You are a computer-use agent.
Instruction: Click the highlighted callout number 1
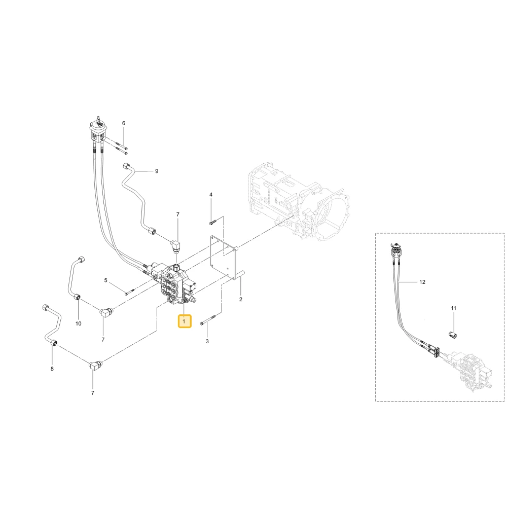click(185, 321)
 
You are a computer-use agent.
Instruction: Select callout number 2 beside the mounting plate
click(240, 300)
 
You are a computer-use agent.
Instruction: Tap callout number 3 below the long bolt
click(207, 341)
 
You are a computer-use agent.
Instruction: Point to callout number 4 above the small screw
click(211, 195)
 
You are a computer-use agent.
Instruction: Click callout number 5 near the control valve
click(106, 280)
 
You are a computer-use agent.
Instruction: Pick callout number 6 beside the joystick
click(124, 123)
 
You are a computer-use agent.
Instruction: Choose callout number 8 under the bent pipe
click(52, 369)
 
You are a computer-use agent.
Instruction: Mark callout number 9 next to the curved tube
click(157, 171)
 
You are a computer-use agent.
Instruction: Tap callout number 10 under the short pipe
click(78, 323)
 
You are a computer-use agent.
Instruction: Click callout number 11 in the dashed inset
click(454, 308)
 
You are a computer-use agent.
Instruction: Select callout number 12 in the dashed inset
click(422, 282)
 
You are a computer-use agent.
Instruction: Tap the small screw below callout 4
click(212, 222)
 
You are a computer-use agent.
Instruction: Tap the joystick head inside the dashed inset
click(396, 250)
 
